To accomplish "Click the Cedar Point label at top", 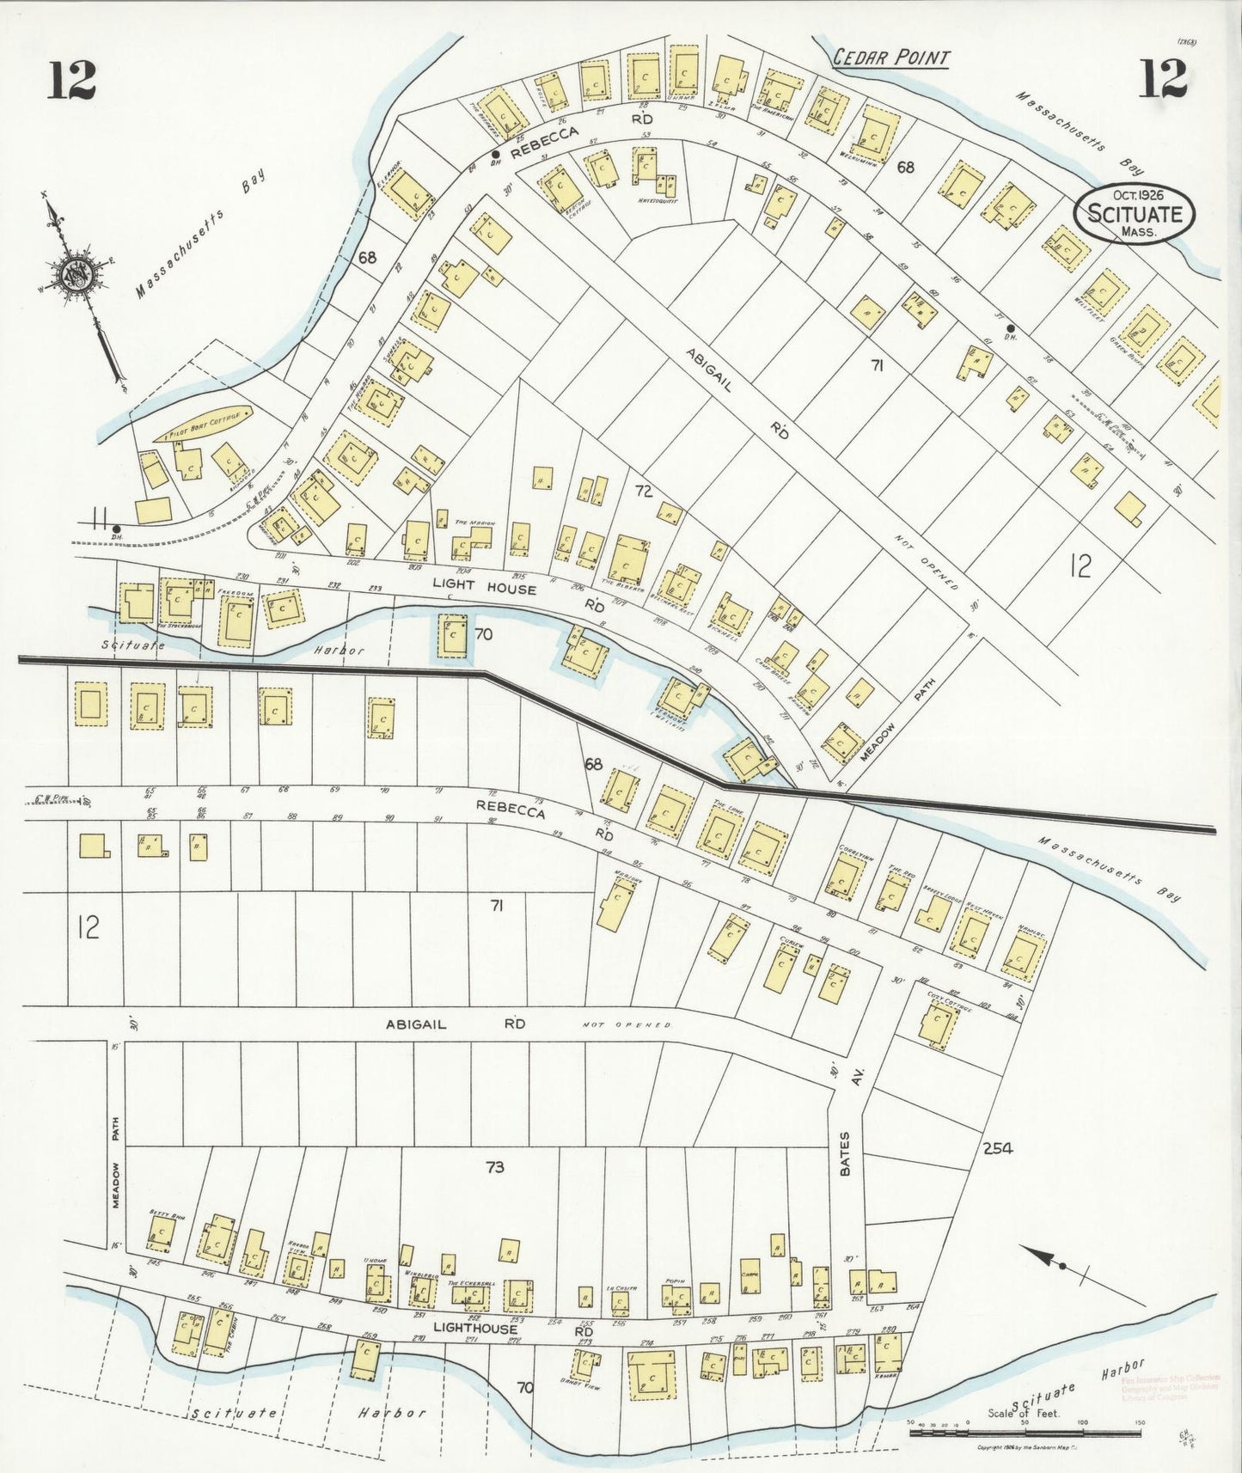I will [892, 58].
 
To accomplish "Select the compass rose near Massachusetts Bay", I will [70, 275].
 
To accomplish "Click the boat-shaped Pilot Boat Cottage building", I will [205, 423].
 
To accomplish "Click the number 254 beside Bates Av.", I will [997, 1147].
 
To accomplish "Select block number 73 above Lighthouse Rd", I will [494, 1167].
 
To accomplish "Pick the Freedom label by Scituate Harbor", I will [234, 592].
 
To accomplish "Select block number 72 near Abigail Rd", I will [644, 492].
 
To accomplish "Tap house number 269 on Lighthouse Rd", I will [370, 1335].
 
